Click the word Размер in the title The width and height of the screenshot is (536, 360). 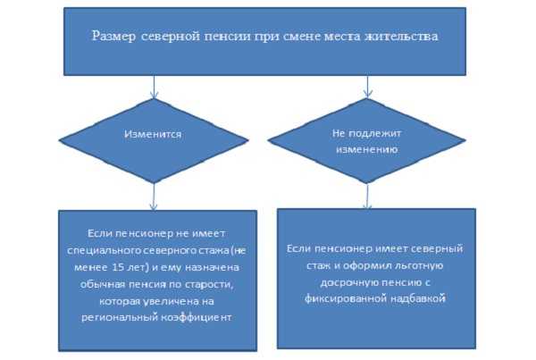(113, 37)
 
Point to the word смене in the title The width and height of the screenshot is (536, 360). (302, 37)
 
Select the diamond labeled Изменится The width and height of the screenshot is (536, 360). (154, 140)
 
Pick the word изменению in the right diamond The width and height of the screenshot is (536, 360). (367, 149)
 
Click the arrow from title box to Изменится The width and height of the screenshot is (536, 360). (155, 87)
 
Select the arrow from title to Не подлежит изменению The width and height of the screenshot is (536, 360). (367, 87)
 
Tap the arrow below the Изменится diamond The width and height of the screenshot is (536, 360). (154, 197)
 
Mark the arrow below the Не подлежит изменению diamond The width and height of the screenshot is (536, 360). (367, 196)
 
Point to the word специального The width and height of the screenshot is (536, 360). (104, 251)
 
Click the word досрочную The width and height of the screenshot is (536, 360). (349, 283)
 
